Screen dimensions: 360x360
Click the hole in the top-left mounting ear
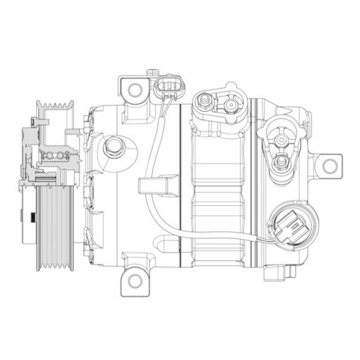[133, 89]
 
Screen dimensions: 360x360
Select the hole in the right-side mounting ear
[330, 166]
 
